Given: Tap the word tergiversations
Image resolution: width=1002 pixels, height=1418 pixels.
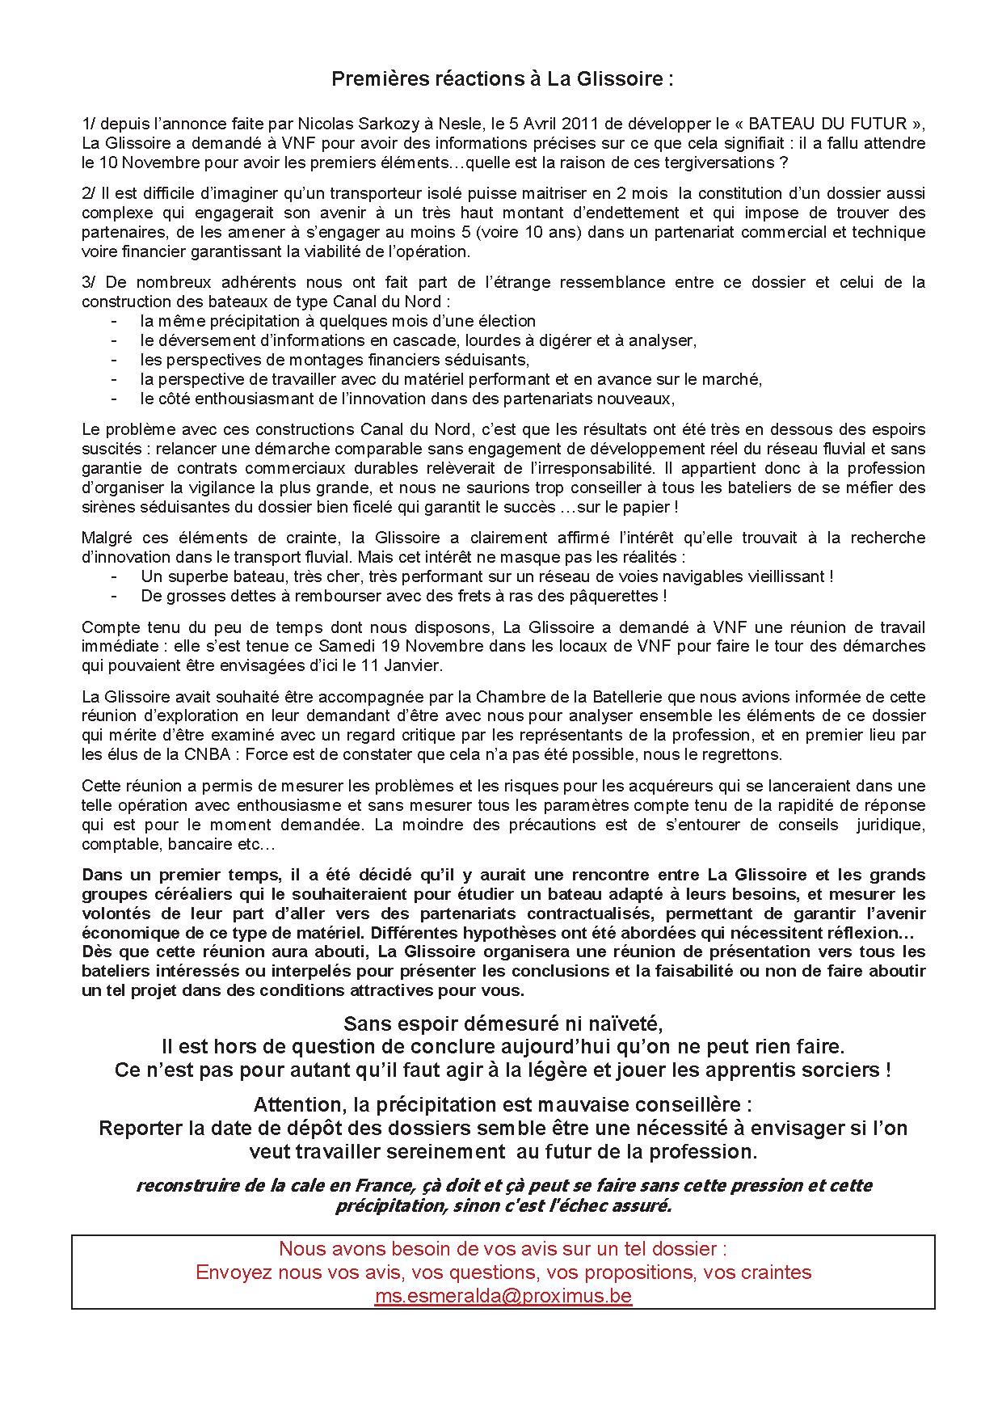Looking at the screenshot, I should coord(718,162).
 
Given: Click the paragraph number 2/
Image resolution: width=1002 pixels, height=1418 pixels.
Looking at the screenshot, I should coord(89,193).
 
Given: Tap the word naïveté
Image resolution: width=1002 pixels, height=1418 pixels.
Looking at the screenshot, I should coord(621,1023).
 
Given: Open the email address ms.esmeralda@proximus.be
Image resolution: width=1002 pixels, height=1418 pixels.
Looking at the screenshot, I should coord(503,1296).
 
